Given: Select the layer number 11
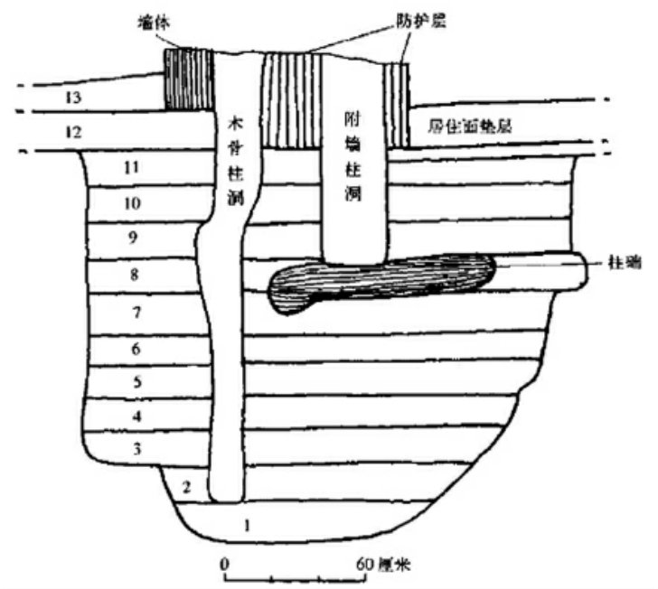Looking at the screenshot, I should tap(132, 167).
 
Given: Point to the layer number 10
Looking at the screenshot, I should tap(132, 204).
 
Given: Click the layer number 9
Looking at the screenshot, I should tap(132, 239).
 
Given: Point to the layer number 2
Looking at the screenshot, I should tap(186, 488).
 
